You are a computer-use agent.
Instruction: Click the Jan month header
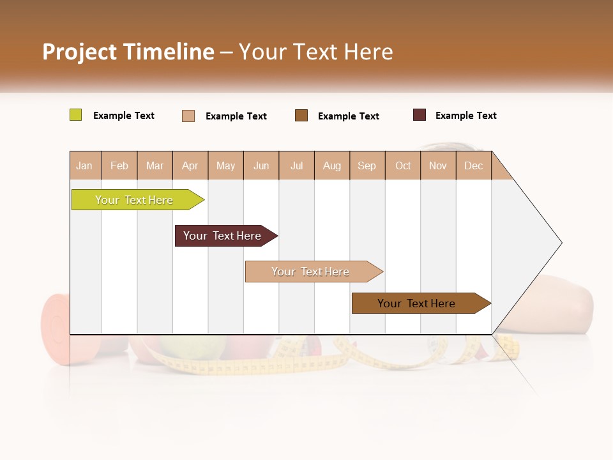85,165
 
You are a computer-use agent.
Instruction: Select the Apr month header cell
190,165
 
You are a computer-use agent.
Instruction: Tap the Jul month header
296,165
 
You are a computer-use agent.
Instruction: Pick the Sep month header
367,165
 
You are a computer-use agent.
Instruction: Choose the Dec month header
474,165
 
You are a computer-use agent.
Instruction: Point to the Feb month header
119,165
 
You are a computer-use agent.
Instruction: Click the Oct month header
403,165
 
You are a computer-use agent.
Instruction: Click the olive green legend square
76,115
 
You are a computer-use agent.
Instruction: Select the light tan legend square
188,116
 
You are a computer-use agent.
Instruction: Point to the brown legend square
301,115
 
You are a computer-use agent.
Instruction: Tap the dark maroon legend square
420,115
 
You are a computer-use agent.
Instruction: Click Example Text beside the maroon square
465,116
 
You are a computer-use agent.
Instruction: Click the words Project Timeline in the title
128,52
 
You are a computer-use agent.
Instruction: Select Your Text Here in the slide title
315,52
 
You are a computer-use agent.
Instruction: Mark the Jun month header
261,165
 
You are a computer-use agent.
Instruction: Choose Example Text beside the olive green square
124,116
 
